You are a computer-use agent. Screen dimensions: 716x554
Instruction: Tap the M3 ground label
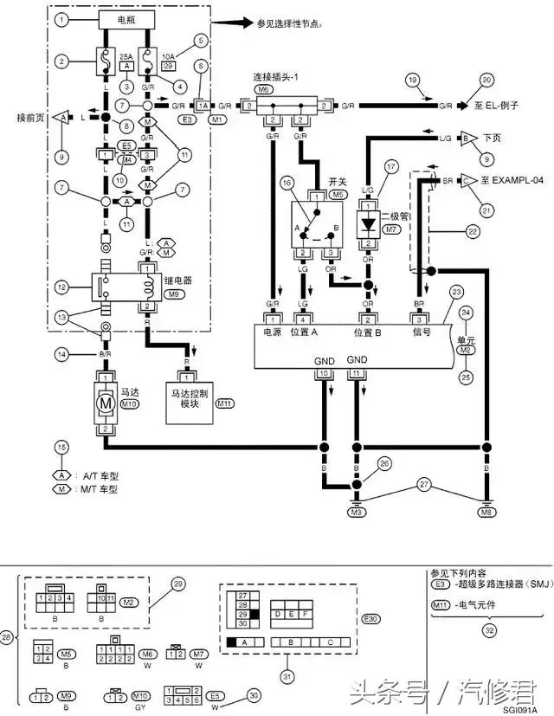[356, 513]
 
